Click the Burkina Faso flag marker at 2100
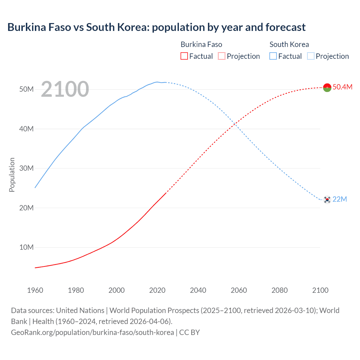327,87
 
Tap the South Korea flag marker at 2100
327,199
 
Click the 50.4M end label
342,87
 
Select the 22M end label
339,199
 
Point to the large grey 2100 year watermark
65,89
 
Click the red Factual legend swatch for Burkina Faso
184,56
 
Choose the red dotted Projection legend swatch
222,56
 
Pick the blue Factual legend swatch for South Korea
273,56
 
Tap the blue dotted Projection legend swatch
311,56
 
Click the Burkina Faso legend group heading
201,44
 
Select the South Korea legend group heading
289,44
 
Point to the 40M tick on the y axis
26,129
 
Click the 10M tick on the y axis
26,247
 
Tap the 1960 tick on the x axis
35,290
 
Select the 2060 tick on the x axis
239,290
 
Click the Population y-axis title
12,175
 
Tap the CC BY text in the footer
189,332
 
